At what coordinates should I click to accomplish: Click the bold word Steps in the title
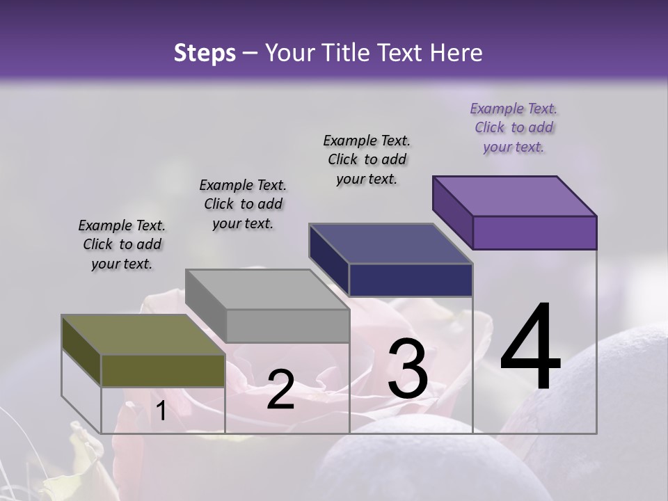pos(205,53)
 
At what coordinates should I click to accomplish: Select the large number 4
pos(530,348)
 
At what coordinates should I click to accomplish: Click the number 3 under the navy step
pos(408,369)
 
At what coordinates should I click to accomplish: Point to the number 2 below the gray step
pos(280,390)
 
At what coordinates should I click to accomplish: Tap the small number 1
pos(161,411)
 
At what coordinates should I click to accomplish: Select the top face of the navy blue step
pos(390,244)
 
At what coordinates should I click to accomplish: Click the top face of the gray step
pos(267,289)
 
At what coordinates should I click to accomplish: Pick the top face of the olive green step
pos(143,335)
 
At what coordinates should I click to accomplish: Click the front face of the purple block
pos(534,232)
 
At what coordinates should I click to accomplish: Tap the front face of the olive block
pos(163,370)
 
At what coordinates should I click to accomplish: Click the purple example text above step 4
pos(514,127)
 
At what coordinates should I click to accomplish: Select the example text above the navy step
pos(367,159)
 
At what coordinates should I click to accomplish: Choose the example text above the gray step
pos(243,204)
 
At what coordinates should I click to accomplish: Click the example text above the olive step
pos(122,244)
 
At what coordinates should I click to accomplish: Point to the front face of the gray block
pos(287,326)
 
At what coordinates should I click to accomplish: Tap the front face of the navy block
pos(411,280)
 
